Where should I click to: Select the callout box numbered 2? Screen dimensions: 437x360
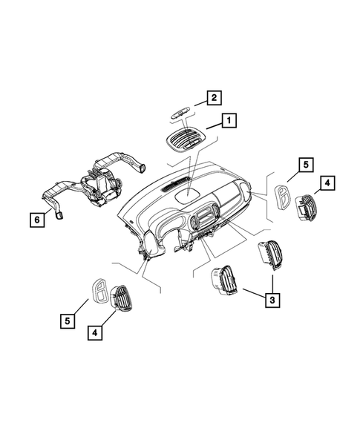pos(212,97)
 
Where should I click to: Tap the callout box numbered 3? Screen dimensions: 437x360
pos(273,299)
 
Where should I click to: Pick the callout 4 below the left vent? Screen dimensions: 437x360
pos(95,333)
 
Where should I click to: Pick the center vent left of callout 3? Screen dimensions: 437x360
pos(223,281)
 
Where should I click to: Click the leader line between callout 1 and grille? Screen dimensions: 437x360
pos(212,127)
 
